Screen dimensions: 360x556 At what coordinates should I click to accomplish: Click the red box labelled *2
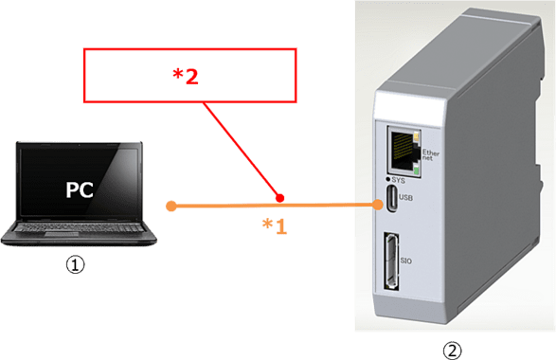click(190, 76)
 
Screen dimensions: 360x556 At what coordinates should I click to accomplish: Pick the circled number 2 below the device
click(453, 350)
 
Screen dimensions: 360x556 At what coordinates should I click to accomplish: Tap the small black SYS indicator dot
click(389, 180)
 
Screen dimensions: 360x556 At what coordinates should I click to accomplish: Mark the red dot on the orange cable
click(279, 197)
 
